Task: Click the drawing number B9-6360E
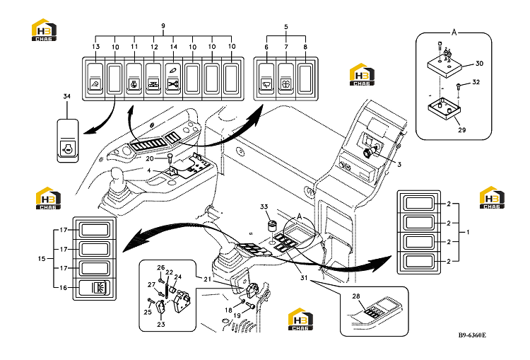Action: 472,335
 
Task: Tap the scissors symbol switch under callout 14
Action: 173,79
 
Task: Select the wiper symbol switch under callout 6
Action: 266,79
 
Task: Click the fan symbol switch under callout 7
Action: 286,79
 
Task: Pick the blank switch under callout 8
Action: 305,79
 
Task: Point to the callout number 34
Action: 67,96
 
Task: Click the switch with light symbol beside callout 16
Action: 94,288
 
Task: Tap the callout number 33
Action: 264,207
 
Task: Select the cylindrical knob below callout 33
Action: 272,226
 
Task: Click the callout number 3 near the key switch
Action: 399,164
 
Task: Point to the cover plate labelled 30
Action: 444,66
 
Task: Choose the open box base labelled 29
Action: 444,110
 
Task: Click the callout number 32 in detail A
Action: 476,82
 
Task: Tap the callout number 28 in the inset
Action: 356,296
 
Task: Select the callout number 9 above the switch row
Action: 163,26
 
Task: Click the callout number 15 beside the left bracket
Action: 42,258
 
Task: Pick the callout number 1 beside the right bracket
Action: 468,232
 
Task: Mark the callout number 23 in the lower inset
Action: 161,324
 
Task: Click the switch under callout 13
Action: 95,79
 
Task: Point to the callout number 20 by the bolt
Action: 149,158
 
